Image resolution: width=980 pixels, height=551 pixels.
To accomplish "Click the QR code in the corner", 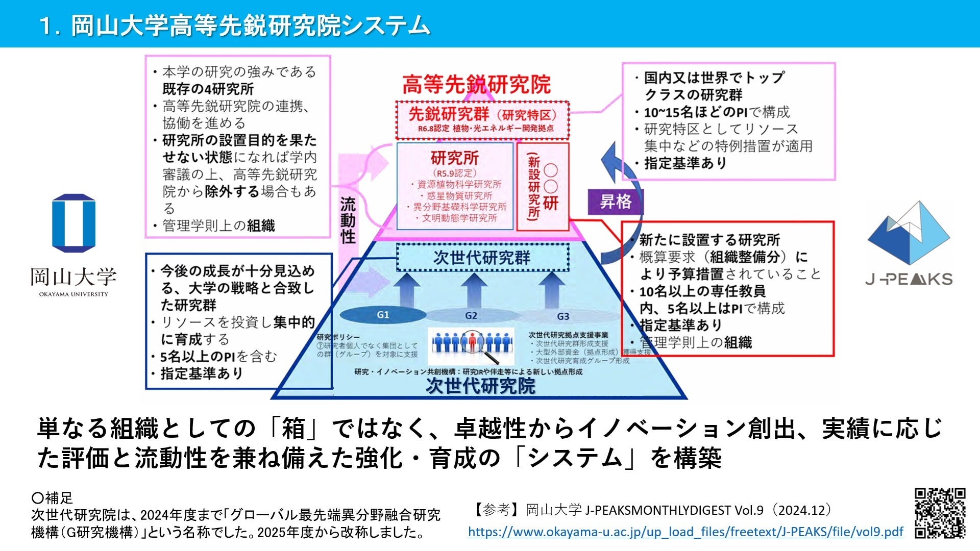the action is tap(940, 513).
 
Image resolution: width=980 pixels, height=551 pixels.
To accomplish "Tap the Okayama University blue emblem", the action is tap(73, 223).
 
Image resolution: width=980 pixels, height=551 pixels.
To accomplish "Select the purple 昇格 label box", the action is tap(615, 202).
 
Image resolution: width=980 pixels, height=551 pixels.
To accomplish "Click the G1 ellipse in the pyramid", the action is tap(383, 315).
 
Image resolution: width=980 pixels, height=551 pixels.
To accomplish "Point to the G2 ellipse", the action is tap(471, 316).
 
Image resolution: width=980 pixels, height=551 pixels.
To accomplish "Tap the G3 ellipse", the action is tap(562, 316).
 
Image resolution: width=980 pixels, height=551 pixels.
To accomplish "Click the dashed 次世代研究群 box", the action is tap(482, 258).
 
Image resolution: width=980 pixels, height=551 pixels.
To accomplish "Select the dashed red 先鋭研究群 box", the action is tap(482, 120).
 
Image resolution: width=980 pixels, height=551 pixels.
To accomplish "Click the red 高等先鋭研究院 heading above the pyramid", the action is tap(476, 85).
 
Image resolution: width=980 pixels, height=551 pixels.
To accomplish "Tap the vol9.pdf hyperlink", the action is tap(685, 532).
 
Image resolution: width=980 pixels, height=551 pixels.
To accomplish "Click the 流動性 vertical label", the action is tap(348, 220).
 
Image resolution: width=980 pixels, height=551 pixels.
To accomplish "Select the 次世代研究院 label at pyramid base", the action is tap(480, 386).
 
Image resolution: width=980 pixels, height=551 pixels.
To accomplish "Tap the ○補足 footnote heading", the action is tap(52, 498).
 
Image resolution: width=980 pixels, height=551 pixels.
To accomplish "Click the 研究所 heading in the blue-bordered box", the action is tap(454, 158).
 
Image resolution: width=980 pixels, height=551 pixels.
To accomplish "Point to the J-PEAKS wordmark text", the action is tap(909, 279).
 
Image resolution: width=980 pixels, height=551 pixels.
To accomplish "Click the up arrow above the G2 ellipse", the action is tap(474, 289).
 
